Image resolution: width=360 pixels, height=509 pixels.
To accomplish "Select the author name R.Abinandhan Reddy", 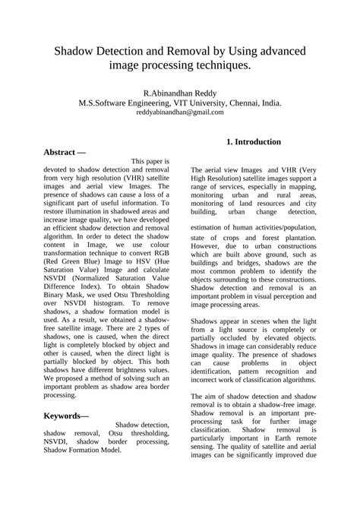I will coord(180,91).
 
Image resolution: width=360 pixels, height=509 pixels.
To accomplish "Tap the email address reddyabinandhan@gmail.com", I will coord(180,112).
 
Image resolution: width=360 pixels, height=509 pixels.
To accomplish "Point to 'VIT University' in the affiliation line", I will coord(199,102).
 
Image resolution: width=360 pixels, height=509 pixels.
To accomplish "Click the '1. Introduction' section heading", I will coord(254,142).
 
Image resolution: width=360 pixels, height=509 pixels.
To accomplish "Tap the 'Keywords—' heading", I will coord(66,416).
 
